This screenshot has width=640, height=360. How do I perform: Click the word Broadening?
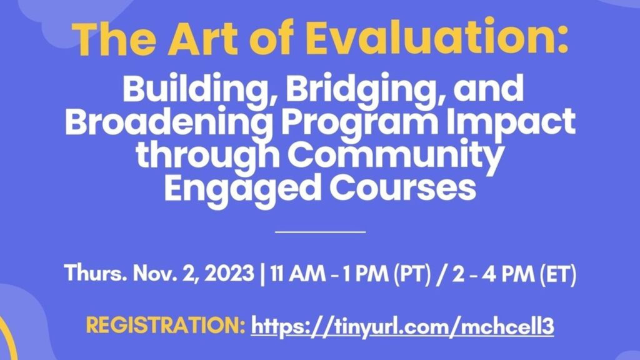169,124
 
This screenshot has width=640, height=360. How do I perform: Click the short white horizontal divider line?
321,232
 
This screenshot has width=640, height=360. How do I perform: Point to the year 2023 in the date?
229,273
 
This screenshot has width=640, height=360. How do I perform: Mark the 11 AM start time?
297,273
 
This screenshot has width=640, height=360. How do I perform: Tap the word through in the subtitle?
207,154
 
